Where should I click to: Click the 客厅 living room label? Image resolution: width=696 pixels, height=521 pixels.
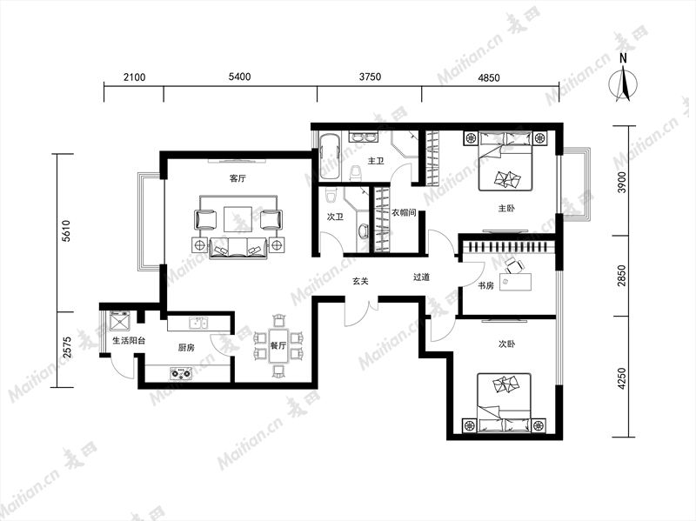(x=238, y=178)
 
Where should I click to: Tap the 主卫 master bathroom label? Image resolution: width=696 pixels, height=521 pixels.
(x=376, y=161)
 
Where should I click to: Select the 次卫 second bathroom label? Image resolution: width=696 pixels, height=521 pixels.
(x=335, y=217)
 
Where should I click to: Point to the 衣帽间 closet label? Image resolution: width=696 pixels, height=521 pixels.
(x=404, y=212)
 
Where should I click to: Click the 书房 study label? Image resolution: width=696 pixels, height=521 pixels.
(x=485, y=285)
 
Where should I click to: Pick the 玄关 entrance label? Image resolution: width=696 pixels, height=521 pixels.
(x=360, y=281)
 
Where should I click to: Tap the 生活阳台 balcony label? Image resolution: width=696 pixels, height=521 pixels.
(x=129, y=341)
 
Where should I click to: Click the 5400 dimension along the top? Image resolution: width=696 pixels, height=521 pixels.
(x=240, y=77)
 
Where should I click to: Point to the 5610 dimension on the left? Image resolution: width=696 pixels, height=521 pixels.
(x=66, y=230)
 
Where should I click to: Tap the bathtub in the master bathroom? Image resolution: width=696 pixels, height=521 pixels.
(x=330, y=157)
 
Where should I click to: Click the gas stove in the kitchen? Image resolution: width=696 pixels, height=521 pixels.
(x=182, y=373)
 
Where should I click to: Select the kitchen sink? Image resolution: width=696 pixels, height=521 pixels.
(x=198, y=323)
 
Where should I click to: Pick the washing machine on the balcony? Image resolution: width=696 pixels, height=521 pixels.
(x=120, y=321)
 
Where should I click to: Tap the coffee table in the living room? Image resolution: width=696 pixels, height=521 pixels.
(x=238, y=219)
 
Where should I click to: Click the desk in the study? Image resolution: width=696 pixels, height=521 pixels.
(x=515, y=283)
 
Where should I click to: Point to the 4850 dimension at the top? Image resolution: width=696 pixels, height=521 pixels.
(x=489, y=77)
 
